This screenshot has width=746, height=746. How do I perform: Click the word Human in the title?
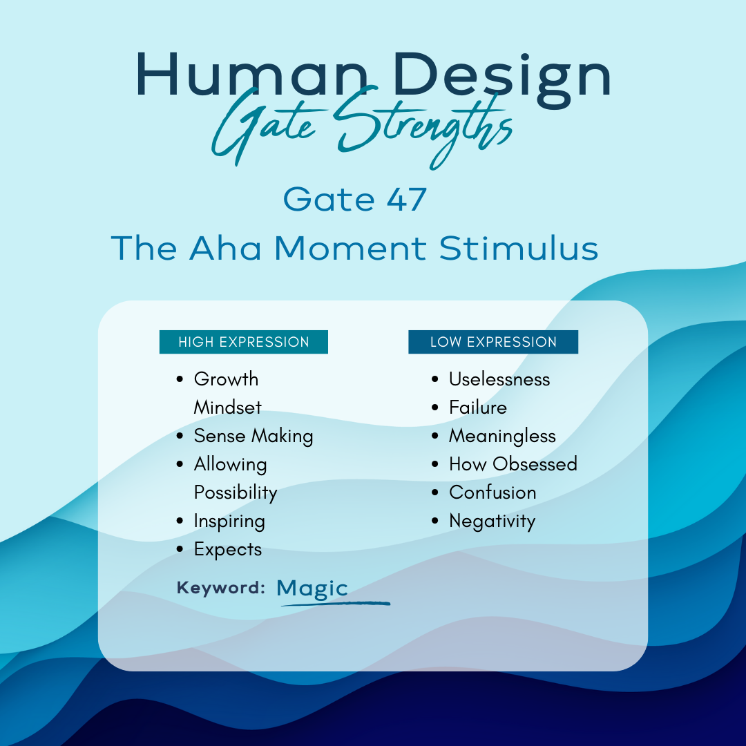click(x=252, y=74)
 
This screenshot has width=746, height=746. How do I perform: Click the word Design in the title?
click(x=502, y=79)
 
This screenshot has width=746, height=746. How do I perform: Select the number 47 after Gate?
click(x=406, y=200)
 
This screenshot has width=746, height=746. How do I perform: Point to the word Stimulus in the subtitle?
click(x=518, y=248)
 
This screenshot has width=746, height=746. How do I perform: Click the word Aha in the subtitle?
click(x=225, y=248)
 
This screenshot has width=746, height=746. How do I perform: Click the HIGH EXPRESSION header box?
click(x=244, y=342)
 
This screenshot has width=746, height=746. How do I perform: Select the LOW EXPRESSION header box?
click(x=493, y=342)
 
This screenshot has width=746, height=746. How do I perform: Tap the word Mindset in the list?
click(x=227, y=408)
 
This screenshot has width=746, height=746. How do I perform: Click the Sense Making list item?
click(x=253, y=437)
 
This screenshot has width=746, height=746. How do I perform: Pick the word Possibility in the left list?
click(x=236, y=493)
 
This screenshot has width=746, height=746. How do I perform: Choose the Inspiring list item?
click(x=229, y=522)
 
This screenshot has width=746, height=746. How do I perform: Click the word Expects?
click(x=228, y=550)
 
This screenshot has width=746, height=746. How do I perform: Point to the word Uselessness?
click(x=499, y=379)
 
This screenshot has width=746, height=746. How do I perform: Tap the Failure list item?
click(x=478, y=408)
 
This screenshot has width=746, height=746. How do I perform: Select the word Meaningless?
click(x=502, y=437)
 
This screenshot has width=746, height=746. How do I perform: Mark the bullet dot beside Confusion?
click(x=434, y=492)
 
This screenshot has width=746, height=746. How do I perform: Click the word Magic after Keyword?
click(x=312, y=589)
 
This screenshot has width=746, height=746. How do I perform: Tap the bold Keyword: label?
click(x=221, y=588)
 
